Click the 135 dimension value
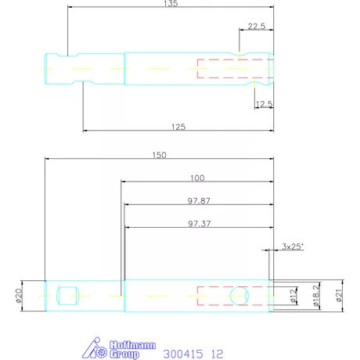point(171,4)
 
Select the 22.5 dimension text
point(256,26)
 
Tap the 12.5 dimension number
point(263,103)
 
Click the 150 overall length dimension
point(159,156)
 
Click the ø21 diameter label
point(340,295)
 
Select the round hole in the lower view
point(240,296)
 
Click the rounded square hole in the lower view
point(69,296)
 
